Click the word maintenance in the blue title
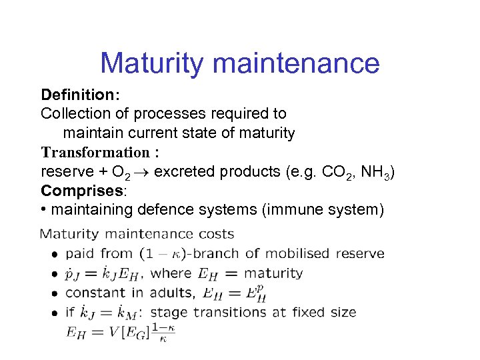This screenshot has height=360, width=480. click(297, 64)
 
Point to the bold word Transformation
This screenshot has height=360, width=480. click(95, 152)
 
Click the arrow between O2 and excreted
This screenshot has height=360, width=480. click(143, 172)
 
